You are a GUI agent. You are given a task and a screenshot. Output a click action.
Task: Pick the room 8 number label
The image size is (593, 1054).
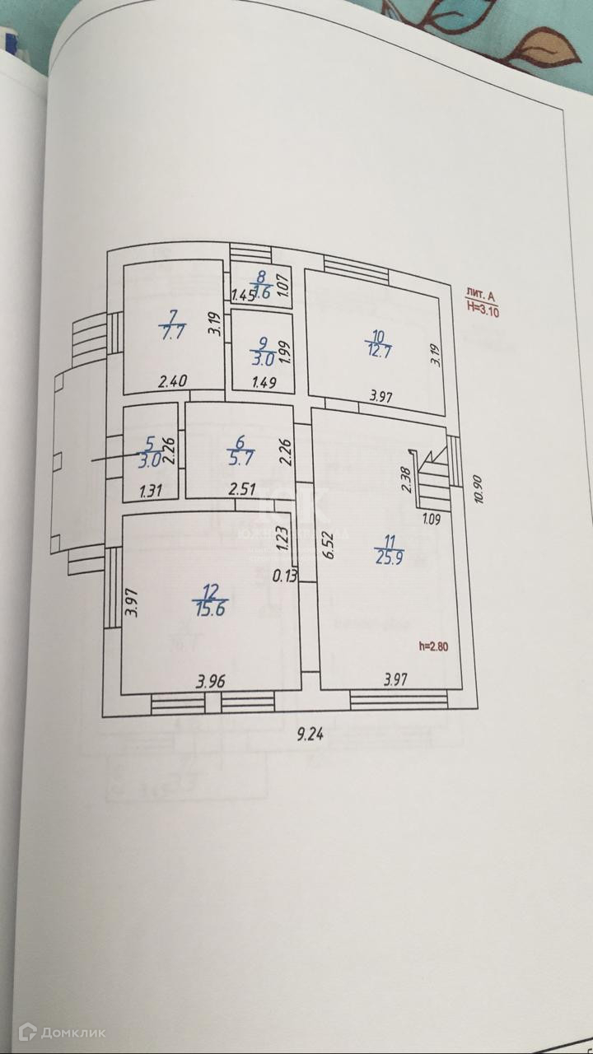[x=261, y=277]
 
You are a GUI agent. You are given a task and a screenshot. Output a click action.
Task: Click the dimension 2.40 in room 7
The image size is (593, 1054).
[x=174, y=381]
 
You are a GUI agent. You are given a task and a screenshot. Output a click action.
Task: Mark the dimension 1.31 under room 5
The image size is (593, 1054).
[x=151, y=492]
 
